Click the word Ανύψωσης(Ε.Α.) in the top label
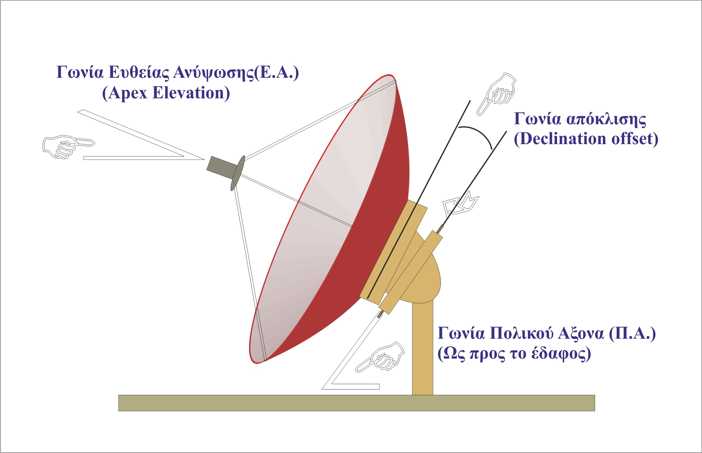click(236, 73)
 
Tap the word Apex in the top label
click(128, 93)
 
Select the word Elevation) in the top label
click(191, 93)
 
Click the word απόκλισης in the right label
click(606, 119)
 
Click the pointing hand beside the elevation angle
click(67, 146)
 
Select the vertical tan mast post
click(422, 348)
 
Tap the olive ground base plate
click(356, 403)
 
